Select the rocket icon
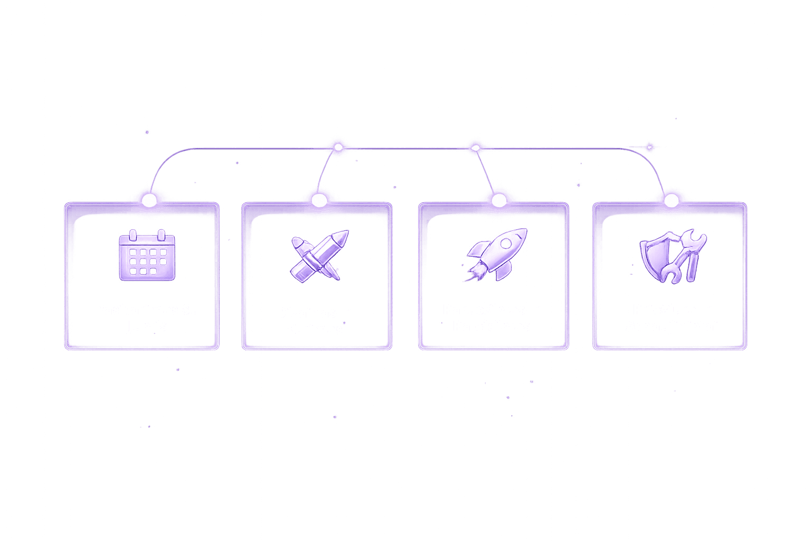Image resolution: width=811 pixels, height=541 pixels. [x=496, y=254]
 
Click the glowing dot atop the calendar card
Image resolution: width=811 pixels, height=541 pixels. [x=149, y=200]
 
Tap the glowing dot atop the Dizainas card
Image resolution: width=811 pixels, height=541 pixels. [x=319, y=200]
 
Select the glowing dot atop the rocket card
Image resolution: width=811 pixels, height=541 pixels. [x=499, y=200]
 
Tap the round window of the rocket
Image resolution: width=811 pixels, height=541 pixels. [x=506, y=243]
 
